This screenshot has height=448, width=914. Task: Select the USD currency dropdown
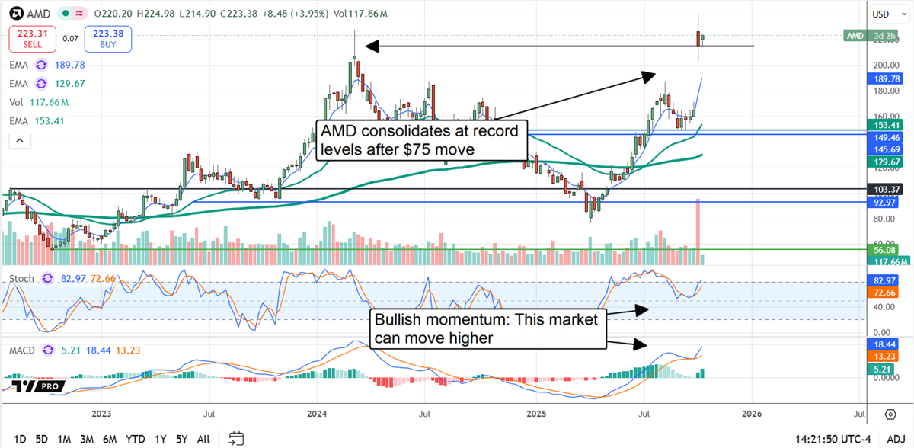pos(882,14)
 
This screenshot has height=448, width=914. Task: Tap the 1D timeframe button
pos(21,439)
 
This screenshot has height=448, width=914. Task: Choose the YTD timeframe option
pos(136,439)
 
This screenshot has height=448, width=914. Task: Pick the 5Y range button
pos(182,439)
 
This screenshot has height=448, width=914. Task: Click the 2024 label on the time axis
pos(317,414)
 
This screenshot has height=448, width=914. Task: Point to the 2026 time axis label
pos(752,414)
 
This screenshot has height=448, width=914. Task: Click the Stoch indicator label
pos(22,279)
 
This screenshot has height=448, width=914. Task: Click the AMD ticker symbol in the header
pos(37,14)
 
